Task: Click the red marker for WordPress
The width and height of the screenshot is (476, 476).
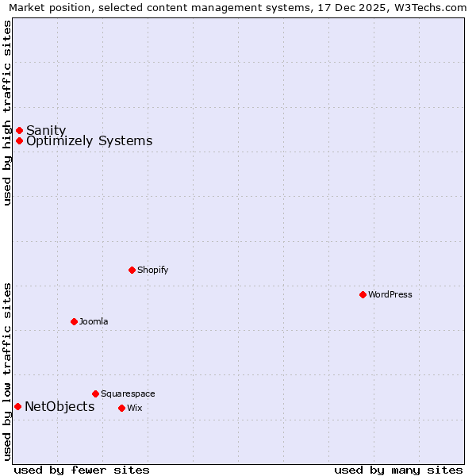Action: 363,294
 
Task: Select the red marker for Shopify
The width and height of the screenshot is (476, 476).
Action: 132,270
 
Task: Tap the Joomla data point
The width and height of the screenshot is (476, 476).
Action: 74,321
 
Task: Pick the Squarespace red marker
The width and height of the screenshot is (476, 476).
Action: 95,393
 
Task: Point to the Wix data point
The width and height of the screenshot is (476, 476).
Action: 121,408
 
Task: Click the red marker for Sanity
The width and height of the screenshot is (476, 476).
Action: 19,130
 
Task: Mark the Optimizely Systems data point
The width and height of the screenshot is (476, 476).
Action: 19,140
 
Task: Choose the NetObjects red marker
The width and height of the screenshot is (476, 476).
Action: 17,406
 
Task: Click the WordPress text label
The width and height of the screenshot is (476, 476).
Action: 390,294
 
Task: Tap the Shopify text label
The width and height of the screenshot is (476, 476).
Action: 153,270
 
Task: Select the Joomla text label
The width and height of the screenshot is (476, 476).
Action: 94,321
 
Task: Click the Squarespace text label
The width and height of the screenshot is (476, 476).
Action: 128,393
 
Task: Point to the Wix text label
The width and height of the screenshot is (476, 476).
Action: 134,408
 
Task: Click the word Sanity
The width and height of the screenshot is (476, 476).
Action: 46,130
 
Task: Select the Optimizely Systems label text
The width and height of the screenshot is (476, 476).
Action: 89,141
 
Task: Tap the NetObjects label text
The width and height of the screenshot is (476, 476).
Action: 59,407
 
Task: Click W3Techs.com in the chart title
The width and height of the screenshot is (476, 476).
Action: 430,8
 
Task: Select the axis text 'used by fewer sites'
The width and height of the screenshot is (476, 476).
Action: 82,470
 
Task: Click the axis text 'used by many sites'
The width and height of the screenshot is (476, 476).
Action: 398,470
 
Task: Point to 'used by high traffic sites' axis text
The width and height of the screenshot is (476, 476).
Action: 7,113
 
